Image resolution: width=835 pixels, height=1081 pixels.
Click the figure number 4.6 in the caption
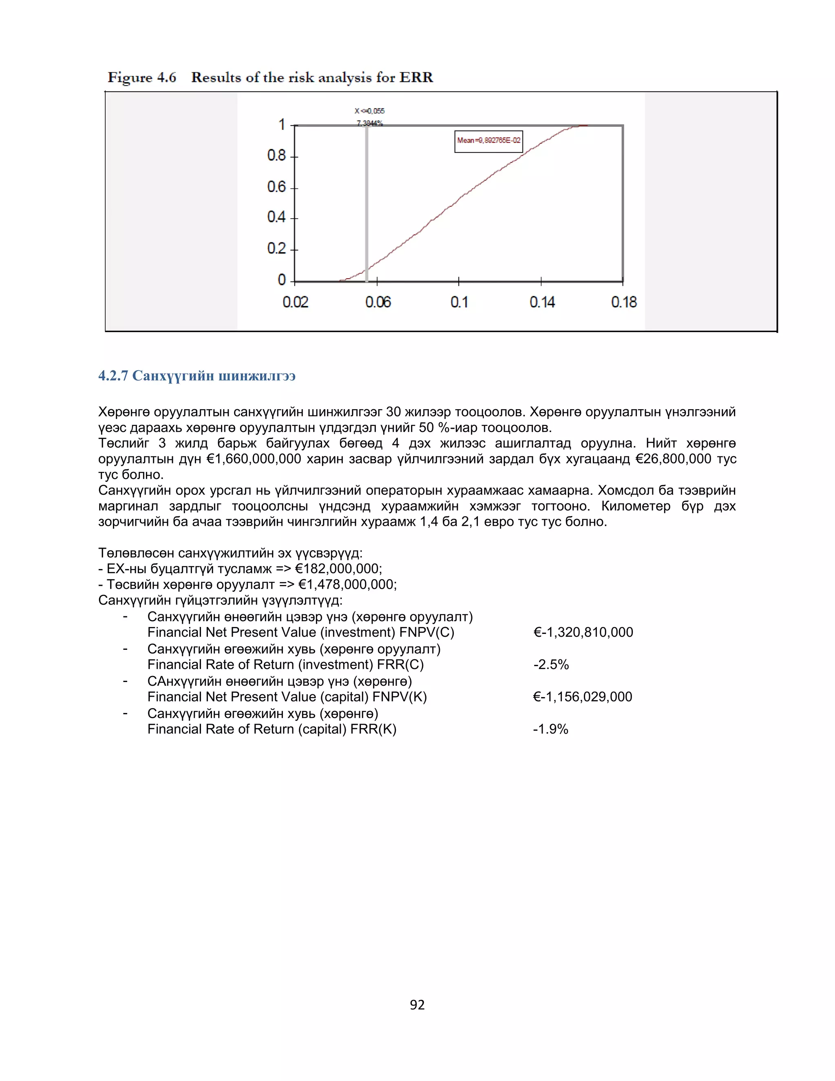coord(167,78)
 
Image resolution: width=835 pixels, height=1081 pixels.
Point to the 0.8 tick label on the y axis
coord(276,156)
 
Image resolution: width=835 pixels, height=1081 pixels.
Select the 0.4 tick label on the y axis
coord(276,217)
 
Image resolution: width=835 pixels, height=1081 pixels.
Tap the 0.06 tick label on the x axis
coord(378,302)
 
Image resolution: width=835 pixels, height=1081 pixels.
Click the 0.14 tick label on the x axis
coord(542,302)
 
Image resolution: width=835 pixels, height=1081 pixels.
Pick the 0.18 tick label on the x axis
coord(624,302)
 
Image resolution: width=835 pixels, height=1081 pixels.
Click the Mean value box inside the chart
coord(488,141)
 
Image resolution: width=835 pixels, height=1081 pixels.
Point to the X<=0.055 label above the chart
coord(369,111)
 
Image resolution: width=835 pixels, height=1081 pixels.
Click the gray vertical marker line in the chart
coord(367,208)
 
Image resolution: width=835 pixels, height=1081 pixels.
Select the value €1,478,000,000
coord(347,585)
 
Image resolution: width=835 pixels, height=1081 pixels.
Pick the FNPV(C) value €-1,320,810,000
coord(583,633)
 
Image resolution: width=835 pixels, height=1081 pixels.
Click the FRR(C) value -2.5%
coord(551,665)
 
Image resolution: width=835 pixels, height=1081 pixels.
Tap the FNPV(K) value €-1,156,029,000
coord(583,697)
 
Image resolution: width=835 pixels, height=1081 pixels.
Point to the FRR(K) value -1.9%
coord(550,729)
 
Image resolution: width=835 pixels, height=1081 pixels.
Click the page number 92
coord(417,1005)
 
